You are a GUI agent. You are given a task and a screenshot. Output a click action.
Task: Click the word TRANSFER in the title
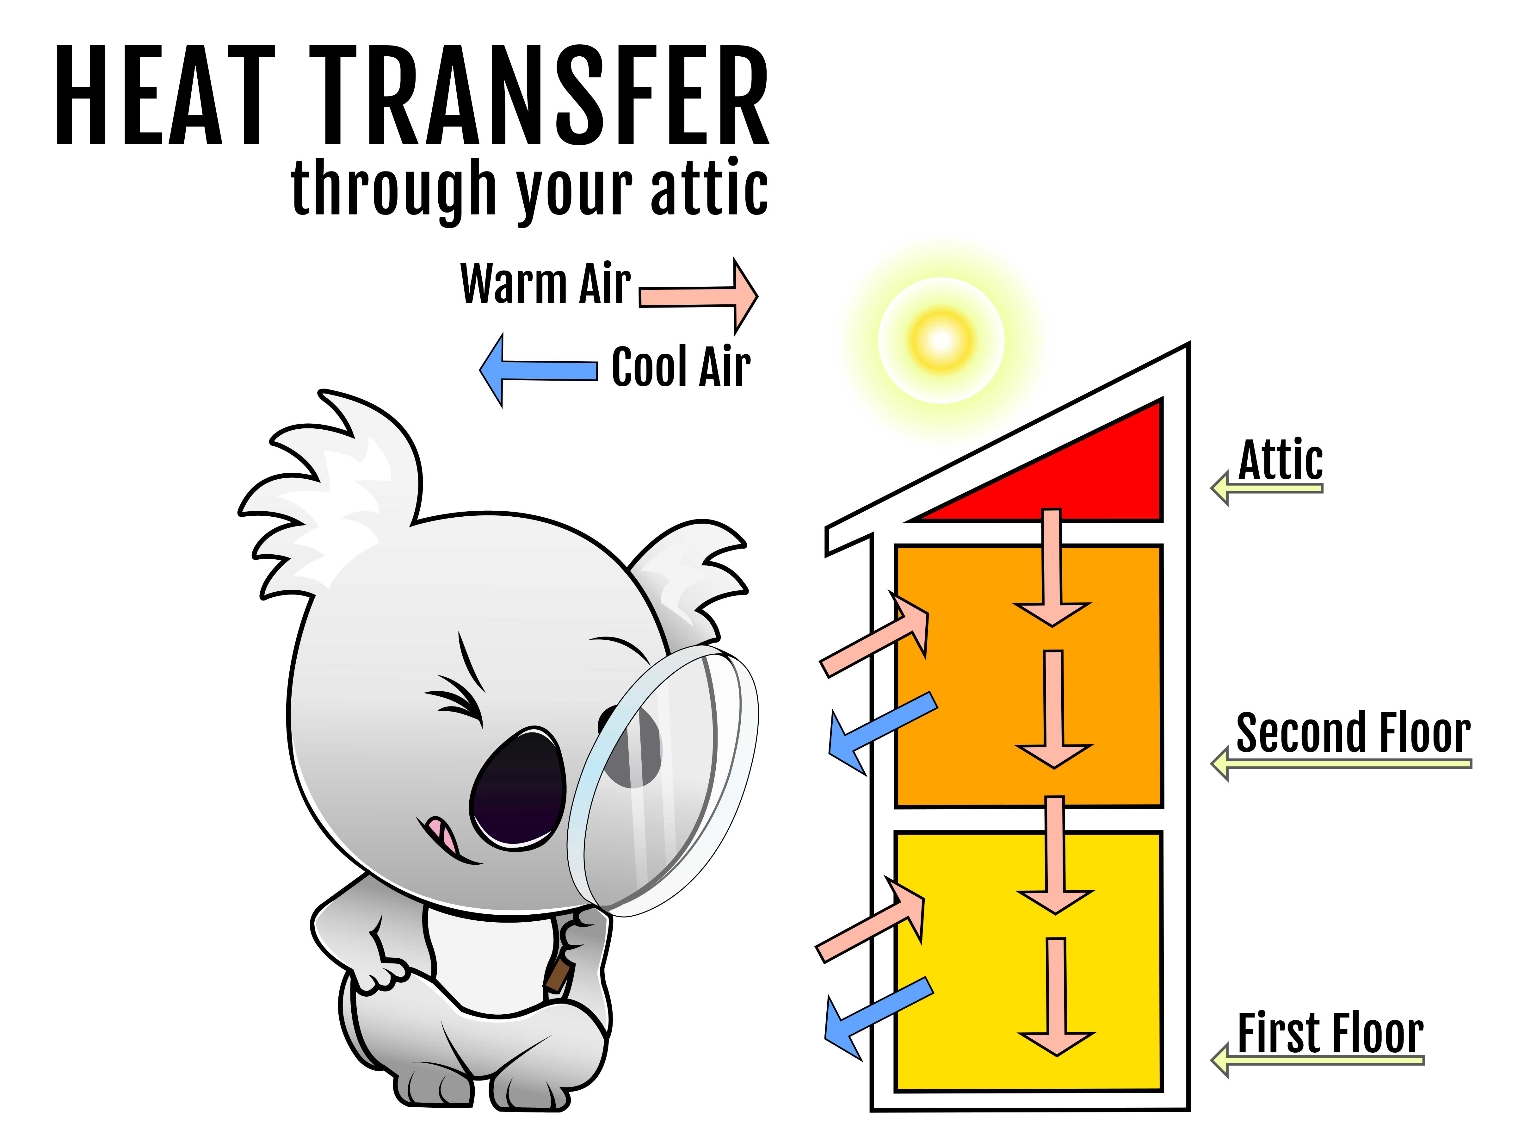(x=539, y=96)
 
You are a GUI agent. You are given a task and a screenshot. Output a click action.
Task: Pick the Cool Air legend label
(x=681, y=367)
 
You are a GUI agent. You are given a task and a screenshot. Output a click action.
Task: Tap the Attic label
(x=1280, y=460)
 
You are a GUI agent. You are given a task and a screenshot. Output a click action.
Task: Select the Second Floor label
(x=1353, y=733)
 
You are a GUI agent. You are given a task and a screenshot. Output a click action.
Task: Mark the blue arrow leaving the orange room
(x=882, y=731)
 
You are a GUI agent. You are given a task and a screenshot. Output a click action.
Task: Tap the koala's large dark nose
(x=518, y=786)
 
